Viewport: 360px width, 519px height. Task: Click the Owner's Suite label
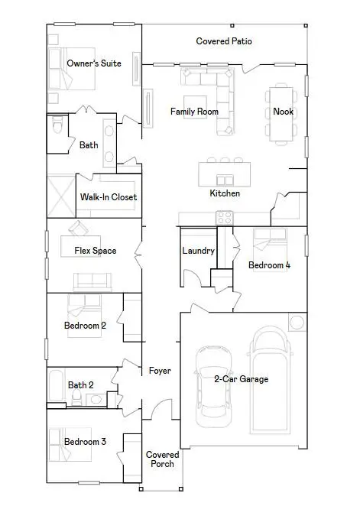[x=94, y=63]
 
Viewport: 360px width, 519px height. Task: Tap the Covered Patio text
[x=224, y=41]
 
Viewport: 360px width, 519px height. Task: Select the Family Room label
[x=194, y=112]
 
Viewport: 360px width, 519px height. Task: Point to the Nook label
[x=283, y=112]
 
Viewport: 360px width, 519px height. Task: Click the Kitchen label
[x=225, y=193]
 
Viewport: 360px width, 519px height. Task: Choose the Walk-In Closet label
[x=109, y=197]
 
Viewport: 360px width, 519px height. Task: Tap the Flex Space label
[x=95, y=251]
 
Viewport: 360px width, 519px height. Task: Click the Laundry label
[x=198, y=251]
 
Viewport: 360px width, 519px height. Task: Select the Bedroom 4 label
[x=269, y=265]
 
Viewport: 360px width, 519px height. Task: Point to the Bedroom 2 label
[x=84, y=326]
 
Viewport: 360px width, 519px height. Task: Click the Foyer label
[x=160, y=371]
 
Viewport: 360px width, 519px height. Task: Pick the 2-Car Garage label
[x=240, y=378]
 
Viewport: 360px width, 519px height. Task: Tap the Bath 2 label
[x=81, y=385]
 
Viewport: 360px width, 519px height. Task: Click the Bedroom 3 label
[x=84, y=442]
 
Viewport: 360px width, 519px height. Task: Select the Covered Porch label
[x=162, y=459]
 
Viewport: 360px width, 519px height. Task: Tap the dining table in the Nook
[x=280, y=115]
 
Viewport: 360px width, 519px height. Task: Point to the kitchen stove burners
[x=225, y=218]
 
